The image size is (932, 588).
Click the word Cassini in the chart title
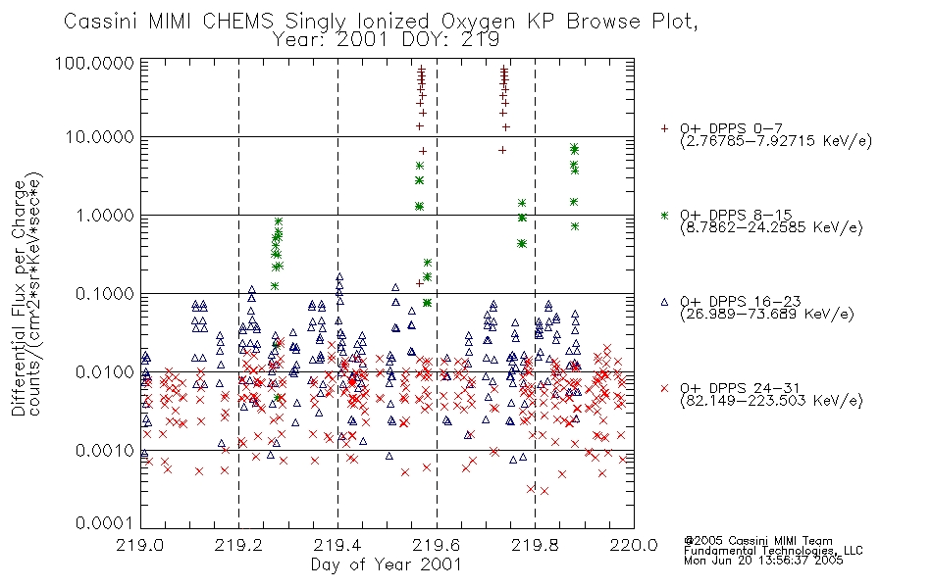tap(100, 22)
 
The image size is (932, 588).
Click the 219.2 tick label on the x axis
tap(239, 545)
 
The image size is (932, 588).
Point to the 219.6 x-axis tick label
tap(437, 545)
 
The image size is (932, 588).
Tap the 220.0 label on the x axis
tap(634, 545)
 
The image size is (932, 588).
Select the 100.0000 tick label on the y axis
tap(94, 63)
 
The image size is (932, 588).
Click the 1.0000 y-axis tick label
tap(105, 215)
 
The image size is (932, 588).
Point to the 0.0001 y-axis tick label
tap(105, 522)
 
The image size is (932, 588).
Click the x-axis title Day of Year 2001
tap(387, 564)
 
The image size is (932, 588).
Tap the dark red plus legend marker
tap(664, 128)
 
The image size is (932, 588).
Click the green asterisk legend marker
tap(664, 215)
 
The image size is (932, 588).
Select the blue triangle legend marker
tap(664, 302)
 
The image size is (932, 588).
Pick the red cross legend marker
tap(664, 388)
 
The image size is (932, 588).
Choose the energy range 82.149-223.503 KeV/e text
tap(771, 401)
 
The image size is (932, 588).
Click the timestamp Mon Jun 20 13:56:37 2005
tap(763, 561)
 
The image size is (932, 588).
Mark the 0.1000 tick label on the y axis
tap(105, 293)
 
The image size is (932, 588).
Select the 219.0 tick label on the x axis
tap(141, 545)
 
